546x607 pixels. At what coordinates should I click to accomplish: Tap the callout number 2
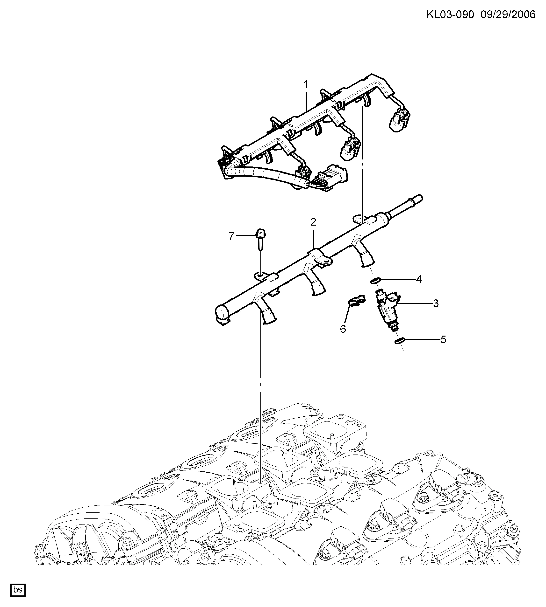point(313,222)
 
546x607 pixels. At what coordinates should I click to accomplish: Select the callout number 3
point(436,303)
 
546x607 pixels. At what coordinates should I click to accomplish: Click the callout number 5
point(443,340)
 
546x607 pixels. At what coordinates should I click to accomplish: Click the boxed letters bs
point(18,590)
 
